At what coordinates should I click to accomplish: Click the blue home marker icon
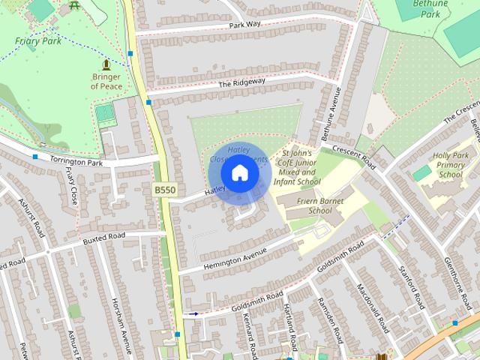pos(239,173)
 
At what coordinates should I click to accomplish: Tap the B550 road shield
pos(165,190)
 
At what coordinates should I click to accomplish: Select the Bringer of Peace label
pos(106,81)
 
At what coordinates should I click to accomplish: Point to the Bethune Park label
pos(429,8)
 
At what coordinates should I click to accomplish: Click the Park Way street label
pos(245,25)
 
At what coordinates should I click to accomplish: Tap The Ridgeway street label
pos(241,82)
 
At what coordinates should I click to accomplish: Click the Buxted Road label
pos(104,237)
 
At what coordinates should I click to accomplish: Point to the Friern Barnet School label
pos(320,205)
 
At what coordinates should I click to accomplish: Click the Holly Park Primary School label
pos(451,165)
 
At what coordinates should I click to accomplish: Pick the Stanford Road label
pos(412,286)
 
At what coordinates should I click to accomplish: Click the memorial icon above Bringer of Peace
pos(106,65)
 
